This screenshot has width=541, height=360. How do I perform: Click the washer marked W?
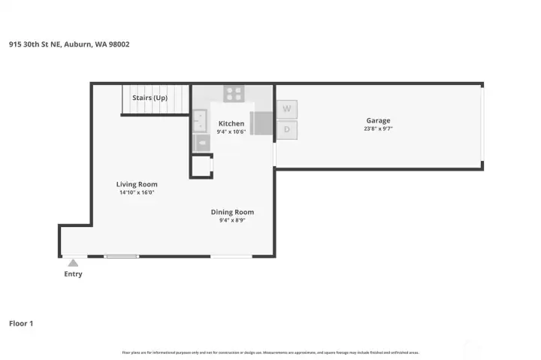(286, 109)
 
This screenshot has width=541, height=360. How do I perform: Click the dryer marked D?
(286, 129)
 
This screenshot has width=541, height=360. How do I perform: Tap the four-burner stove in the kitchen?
(234, 95)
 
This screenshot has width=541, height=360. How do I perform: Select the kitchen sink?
(200, 120)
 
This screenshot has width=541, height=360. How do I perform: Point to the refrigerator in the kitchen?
(261, 123)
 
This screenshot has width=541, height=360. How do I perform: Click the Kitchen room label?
(231, 123)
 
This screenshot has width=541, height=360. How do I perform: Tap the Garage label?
(378, 120)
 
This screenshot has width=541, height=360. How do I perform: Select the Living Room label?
(137, 184)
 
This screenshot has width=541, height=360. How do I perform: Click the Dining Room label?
(232, 212)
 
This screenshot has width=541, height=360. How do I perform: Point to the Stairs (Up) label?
(150, 98)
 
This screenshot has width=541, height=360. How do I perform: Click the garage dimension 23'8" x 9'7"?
(378, 129)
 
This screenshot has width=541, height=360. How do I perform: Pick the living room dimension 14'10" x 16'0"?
(137, 192)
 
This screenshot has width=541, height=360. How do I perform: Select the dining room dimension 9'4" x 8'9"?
(232, 220)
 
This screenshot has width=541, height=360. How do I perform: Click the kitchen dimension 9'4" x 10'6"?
(231, 132)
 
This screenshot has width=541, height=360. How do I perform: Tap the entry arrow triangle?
(73, 263)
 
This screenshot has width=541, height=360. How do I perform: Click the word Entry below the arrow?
(73, 274)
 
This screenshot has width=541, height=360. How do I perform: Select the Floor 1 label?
(21, 323)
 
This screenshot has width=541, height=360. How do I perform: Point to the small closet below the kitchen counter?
(201, 165)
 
